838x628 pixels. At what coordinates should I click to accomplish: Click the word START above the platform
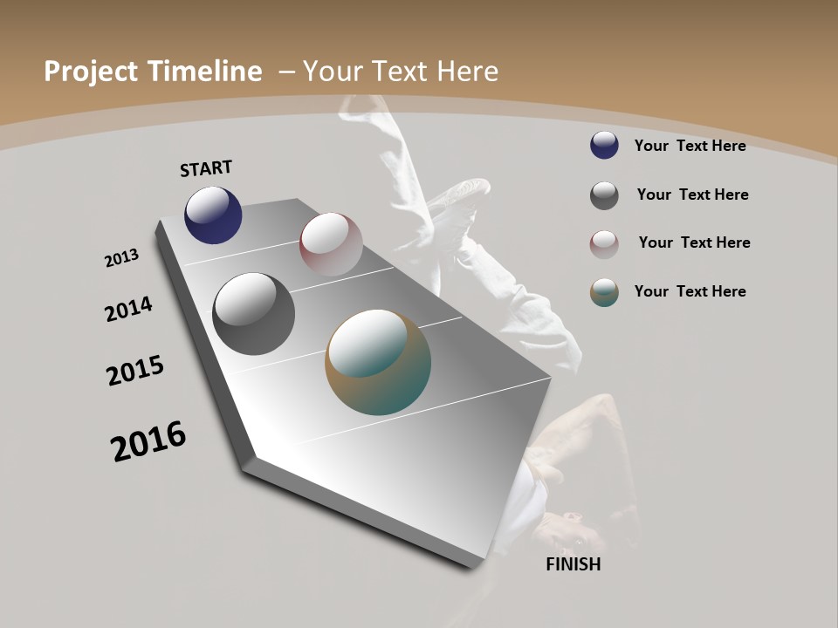coord(206,168)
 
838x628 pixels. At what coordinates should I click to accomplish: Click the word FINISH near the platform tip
coord(574,564)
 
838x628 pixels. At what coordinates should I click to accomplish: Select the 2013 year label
coord(122,258)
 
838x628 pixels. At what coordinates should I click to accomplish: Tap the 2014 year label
coord(128,309)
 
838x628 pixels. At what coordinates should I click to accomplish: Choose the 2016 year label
coord(148,441)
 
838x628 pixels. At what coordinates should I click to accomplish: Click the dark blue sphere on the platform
coord(213,215)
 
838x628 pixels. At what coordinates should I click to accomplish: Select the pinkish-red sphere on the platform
coord(331,244)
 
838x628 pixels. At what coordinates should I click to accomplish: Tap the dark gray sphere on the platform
coord(253,314)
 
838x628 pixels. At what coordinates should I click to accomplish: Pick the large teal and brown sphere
coord(378,362)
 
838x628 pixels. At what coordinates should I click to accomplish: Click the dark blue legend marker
coord(604,145)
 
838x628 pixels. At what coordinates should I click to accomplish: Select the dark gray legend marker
coord(604,195)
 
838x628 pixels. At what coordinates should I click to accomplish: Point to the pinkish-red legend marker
coord(604,244)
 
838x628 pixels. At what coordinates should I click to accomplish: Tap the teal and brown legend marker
coord(604,292)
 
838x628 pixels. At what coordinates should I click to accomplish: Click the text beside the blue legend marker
coord(690,146)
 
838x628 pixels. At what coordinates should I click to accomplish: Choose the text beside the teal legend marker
coord(690,291)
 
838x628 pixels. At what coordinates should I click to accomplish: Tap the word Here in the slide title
coord(469,72)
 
